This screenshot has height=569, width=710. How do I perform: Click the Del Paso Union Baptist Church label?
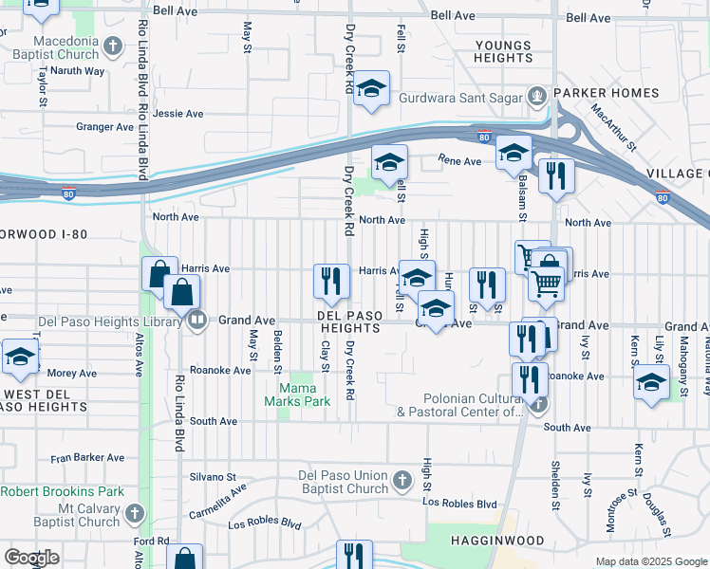[x=343, y=482]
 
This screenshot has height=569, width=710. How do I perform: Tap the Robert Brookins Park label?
[x=63, y=492]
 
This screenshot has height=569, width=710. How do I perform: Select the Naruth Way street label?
[x=77, y=71]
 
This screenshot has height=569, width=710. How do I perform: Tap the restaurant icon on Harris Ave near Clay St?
[x=328, y=280]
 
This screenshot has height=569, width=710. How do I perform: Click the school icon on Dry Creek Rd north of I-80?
[x=373, y=88]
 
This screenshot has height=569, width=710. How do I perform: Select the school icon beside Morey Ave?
[x=20, y=357]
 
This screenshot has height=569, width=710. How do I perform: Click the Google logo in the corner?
[x=31, y=557]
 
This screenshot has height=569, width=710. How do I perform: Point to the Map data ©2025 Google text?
[x=650, y=561]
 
